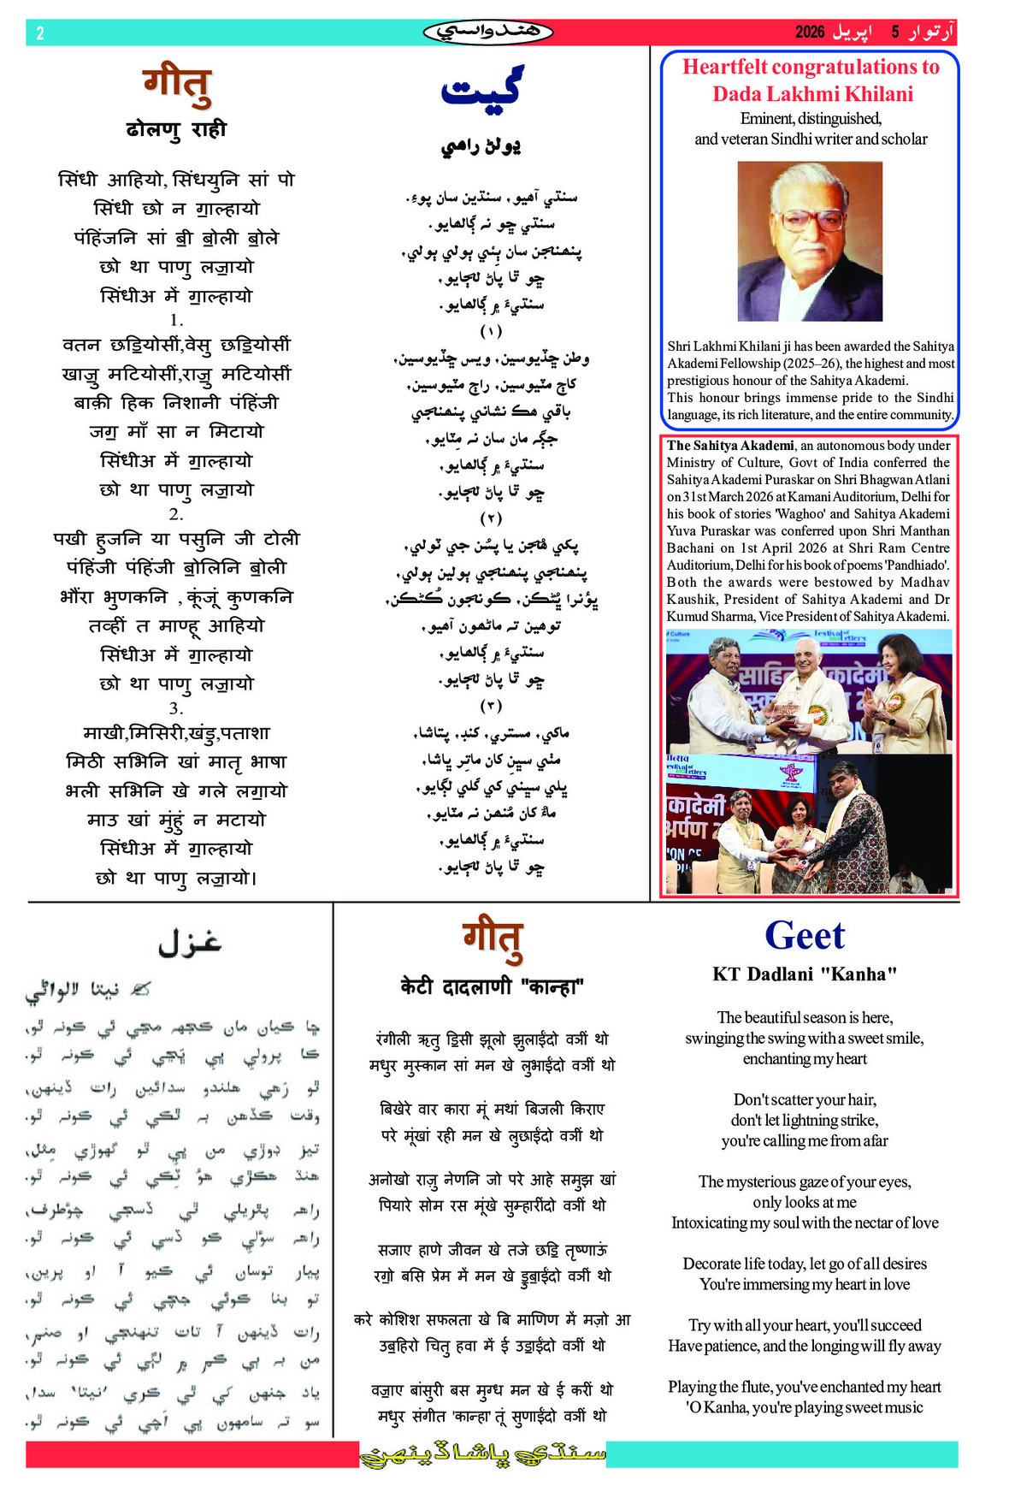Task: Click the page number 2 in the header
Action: pos(40,33)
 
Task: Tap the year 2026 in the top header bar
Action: pos(809,33)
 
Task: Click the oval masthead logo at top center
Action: pos(487,33)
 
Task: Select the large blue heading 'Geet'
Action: pos(804,935)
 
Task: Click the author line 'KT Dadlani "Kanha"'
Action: pos(804,974)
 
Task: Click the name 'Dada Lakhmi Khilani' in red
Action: pos(812,94)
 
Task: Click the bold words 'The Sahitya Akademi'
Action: pos(730,445)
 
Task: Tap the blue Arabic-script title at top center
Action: pos(481,89)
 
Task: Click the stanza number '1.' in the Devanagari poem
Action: pos(176,320)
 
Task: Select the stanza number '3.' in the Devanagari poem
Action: pos(176,708)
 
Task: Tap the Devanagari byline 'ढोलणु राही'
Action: pos(176,130)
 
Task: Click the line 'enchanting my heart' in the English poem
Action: pos(804,1058)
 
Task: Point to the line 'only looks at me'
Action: pos(804,1202)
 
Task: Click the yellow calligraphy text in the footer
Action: pos(483,1454)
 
